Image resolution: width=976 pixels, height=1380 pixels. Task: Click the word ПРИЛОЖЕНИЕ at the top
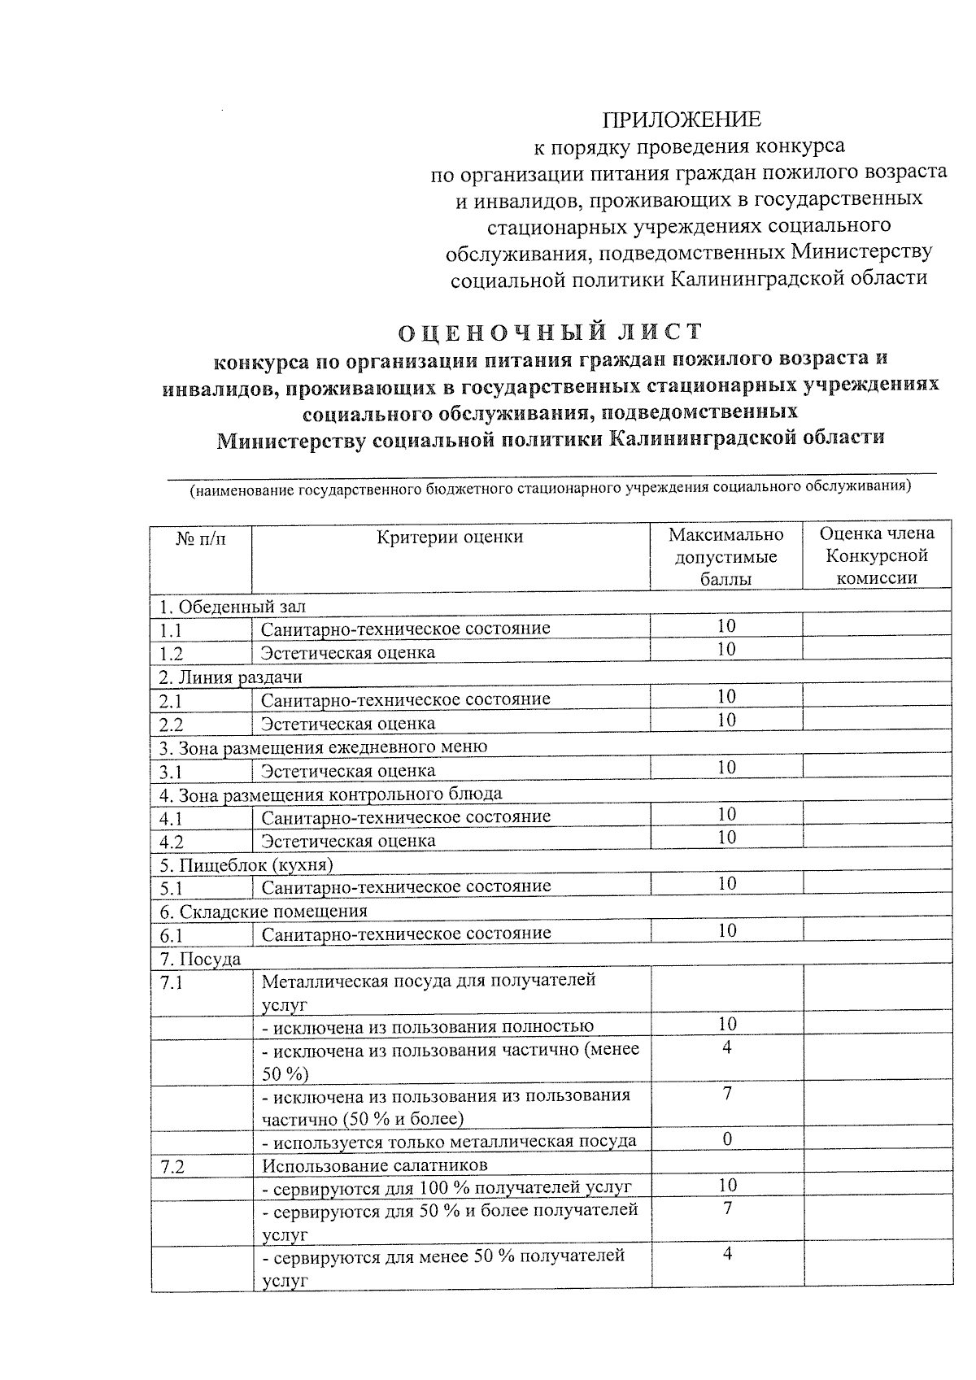click(682, 120)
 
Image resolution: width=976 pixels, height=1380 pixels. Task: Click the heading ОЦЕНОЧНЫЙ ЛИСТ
click(550, 333)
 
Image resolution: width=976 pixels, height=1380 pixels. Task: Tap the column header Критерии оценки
click(450, 537)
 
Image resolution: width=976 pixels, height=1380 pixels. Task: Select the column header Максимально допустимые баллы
click(725, 556)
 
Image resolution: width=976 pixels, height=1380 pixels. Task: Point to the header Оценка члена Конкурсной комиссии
click(877, 556)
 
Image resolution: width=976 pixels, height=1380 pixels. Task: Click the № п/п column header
click(200, 538)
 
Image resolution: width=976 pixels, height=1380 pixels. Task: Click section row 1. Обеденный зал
click(233, 607)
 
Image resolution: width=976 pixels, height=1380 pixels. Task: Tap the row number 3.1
click(171, 771)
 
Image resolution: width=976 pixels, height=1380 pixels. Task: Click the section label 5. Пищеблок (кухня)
click(246, 864)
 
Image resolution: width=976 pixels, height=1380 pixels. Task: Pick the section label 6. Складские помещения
click(263, 912)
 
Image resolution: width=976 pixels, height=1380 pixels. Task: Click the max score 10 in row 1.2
click(726, 649)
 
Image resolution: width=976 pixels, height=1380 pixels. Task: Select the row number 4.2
click(172, 842)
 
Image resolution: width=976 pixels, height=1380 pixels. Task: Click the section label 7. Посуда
click(200, 960)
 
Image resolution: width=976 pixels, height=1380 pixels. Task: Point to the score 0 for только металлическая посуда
click(727, 1138)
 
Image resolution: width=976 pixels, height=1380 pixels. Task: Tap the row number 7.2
click(172, 1167)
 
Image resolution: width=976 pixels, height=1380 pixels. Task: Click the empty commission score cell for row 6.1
click(877, 932)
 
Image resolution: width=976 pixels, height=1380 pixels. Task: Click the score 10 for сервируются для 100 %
click(727, 1186)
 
